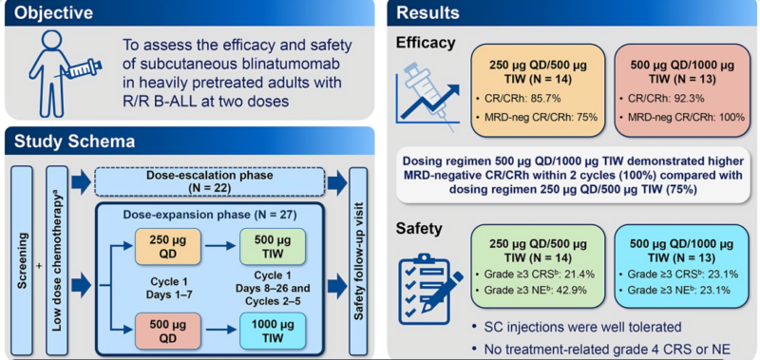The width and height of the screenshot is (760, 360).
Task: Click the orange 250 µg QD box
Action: coord(165,245)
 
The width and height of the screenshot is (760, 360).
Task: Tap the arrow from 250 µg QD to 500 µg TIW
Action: coord(216,245)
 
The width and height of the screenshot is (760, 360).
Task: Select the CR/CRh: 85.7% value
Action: coord(521,98)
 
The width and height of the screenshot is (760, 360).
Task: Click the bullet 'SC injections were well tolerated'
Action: coord(579,327)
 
